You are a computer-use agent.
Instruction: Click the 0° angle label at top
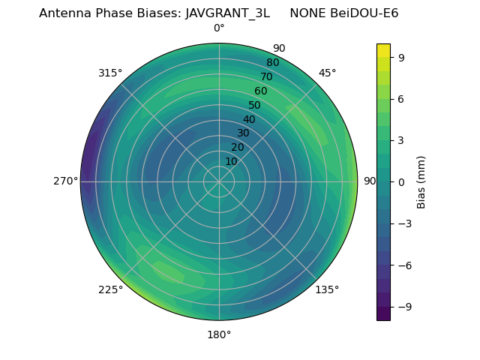[x=219, y=28]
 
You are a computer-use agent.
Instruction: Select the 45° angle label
[x=327, y=73]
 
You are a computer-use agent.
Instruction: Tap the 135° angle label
[x=327, y=289]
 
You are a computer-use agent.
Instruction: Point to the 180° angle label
[x=219, y=334]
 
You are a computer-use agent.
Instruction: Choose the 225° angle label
[x=110, y=289]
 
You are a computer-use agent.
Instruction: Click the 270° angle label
[x=66, y=181]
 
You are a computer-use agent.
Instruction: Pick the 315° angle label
[x=110, y=73]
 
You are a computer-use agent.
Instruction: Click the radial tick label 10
[x=231, y=161]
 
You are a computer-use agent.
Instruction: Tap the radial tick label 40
[x=249, y=119]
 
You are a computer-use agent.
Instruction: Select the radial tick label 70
[x=266, y=76]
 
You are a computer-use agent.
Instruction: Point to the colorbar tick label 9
[x=401, y=56]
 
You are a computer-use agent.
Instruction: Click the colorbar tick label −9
[x=404, y=307]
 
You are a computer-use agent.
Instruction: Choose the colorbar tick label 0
[x=401, y=181]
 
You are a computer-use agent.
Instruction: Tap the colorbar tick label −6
[x=404, y=265]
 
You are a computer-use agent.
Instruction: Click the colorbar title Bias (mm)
[x=421, y=181]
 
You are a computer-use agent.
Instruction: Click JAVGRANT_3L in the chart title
[x=227, y=13]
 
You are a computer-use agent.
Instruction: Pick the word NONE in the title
[x=307, y=13]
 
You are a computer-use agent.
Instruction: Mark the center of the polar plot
[x=219, y=181]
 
